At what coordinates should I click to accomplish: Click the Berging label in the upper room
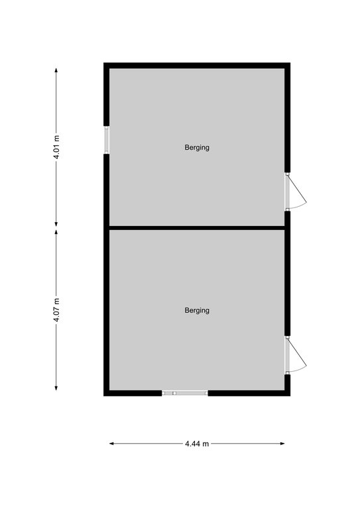click(197, 147)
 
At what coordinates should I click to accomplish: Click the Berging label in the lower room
click(197, 310)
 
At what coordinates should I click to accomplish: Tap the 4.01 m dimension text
click(56, 147)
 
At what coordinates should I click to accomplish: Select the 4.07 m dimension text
click(56, 310)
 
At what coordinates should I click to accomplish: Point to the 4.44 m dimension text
click(197, 443)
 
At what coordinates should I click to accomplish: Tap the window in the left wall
click(106, 140)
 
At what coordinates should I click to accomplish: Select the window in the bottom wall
click(185, 393)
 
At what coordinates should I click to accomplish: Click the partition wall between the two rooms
click(197, 228)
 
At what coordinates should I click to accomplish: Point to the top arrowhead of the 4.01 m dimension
click(56, 70)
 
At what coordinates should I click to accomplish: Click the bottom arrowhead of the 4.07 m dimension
click(56, 388)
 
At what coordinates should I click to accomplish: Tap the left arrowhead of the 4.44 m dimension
click(111, 443)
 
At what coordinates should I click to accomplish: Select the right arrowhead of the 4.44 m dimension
click(282, 443)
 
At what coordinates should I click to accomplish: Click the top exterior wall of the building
click(197, 65)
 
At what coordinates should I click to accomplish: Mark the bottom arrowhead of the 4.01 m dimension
click(56, 224)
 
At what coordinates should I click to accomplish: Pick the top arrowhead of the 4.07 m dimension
click(56, 233)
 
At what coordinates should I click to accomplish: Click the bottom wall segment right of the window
click(249, 393)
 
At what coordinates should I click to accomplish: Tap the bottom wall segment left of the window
click(133, 393)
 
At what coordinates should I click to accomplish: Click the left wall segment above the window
click(106, 94)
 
